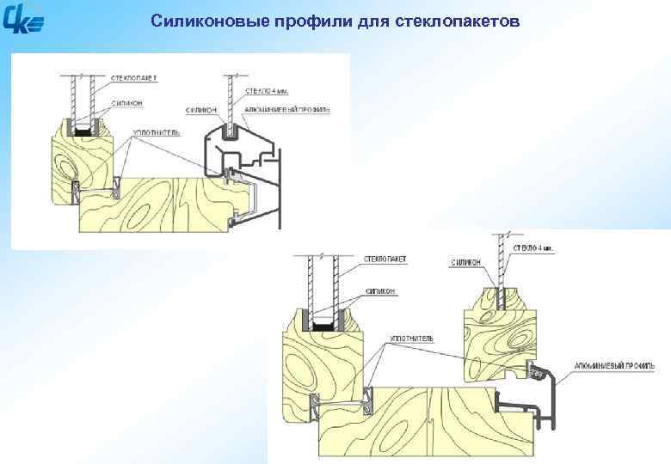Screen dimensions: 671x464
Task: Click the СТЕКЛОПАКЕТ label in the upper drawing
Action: pos(134,77)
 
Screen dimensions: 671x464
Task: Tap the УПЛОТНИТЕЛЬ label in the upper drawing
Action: pos(156,133)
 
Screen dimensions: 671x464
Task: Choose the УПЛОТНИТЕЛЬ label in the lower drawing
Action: pos(411,339)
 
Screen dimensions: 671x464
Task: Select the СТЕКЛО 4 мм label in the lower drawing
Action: pos(533,247)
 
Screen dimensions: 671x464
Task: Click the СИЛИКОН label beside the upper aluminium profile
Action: pos(203,110)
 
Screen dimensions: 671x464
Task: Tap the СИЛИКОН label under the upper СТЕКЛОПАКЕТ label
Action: pos(126,101)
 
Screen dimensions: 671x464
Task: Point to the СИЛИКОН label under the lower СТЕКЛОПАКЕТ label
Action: pos(379,291)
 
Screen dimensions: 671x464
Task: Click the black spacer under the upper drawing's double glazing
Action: pos(83,133)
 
